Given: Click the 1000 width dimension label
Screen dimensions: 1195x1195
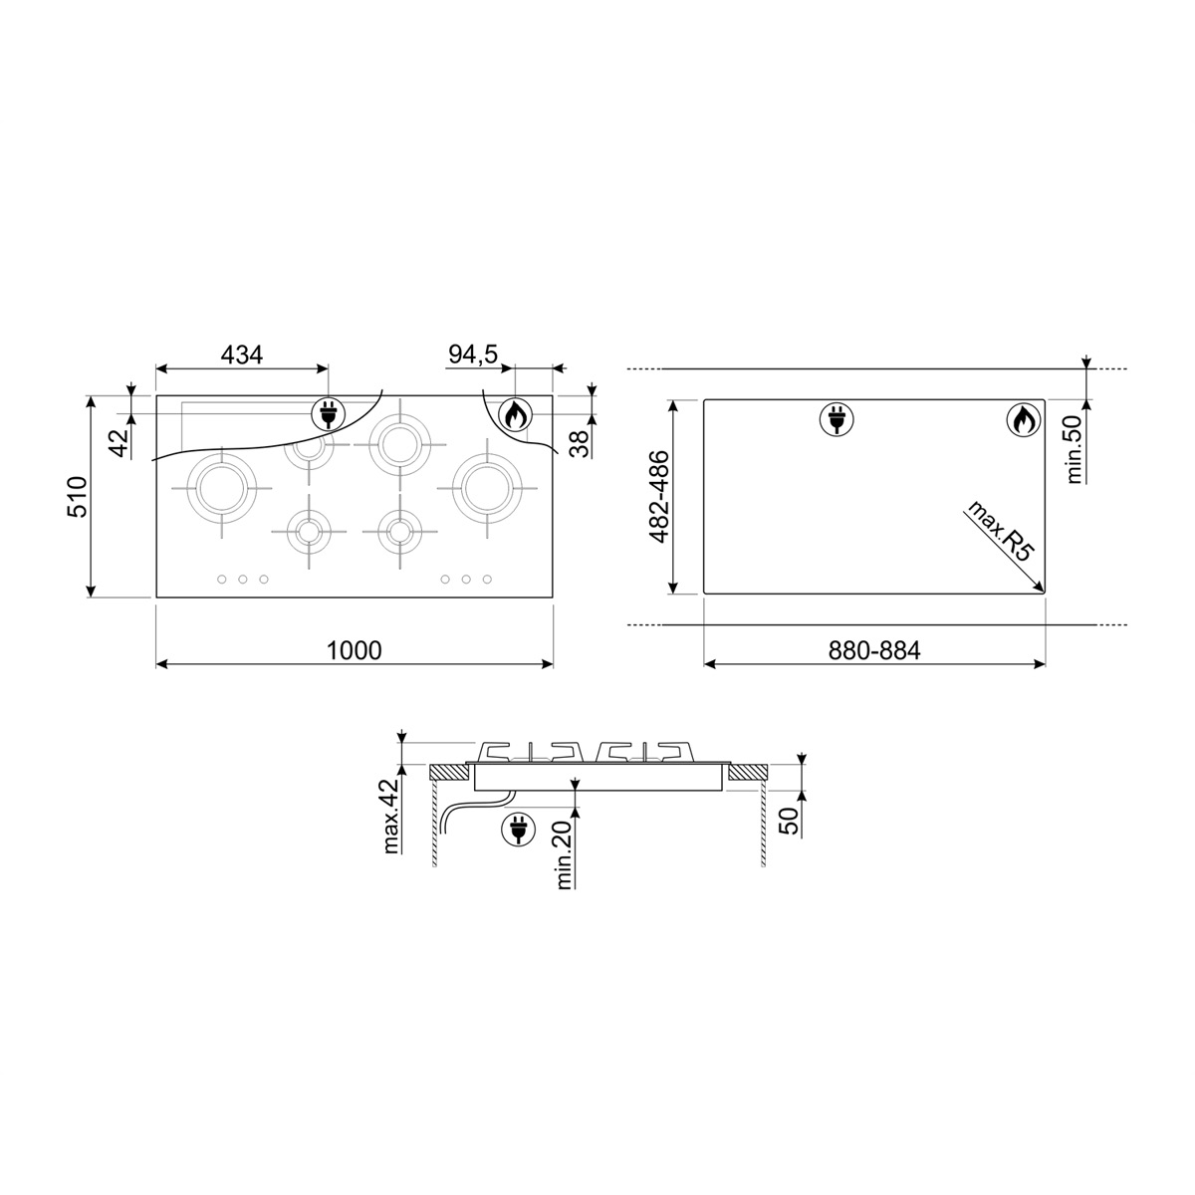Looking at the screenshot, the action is (x=355, y=650).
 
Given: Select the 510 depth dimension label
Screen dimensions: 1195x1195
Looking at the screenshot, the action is (x=78, y=497).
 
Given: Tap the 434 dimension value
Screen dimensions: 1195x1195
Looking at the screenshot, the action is (x=242, y=355).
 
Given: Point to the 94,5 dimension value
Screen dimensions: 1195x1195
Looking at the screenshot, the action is (x=473, y=355).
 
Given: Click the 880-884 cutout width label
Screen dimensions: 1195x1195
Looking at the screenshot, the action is (x=874, y=650).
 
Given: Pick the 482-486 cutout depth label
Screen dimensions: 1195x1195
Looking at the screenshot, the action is (x=659, y=497).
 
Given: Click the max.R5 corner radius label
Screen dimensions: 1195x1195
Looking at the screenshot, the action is (x=1000, y=531).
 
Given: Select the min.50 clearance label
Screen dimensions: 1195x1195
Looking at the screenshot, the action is (x=1075, y=449).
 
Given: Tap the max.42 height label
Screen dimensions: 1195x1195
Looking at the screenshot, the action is (x=391, y=816).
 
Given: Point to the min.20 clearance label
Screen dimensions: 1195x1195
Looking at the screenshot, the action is (x=564, y=855).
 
